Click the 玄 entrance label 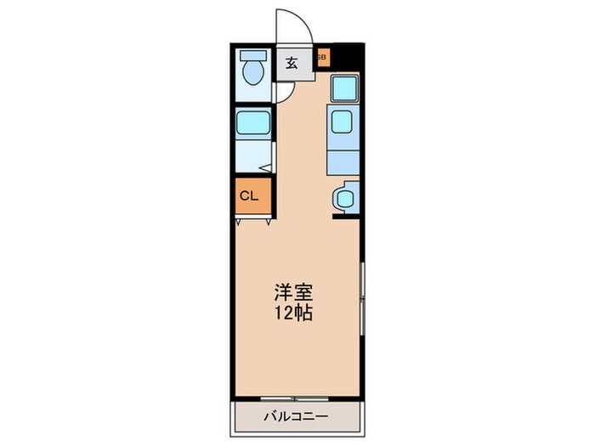pos(291,63)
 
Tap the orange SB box pos(323,58)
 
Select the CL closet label pos(248,195)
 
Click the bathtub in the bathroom pos(252,124)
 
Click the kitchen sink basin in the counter pos(342,122)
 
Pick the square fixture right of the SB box pos(344,88)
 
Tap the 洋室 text pos(293,293)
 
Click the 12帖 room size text pos(293,313)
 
